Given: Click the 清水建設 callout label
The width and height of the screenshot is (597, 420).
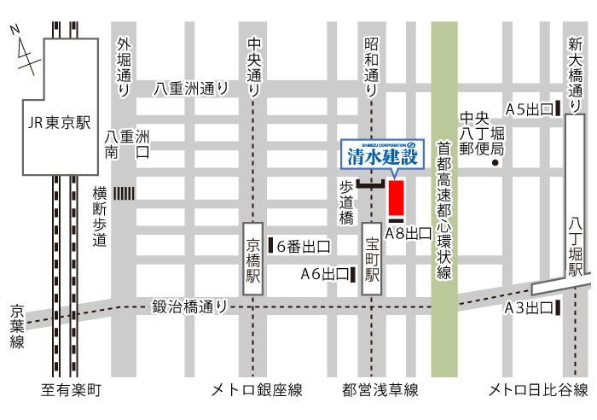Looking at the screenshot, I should tap(381, 156).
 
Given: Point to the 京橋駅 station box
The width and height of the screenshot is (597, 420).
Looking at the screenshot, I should tap(253, 260).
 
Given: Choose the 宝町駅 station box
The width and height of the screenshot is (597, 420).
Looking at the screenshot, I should tap(372, 260).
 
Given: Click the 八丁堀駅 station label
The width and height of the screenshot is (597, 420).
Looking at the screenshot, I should tap(577, 247).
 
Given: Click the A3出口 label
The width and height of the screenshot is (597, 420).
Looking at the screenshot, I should tap(526, 308).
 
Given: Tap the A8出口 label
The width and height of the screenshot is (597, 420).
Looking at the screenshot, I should tap(408, 233).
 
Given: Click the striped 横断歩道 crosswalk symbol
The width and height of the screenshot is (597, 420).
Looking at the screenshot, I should tap(125, 194).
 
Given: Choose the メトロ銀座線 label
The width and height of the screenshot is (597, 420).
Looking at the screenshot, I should tap(257, 391).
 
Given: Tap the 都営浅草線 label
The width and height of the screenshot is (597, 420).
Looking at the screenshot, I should tap(380, 391).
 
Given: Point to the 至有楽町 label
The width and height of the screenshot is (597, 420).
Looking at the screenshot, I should tap(72, 391).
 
